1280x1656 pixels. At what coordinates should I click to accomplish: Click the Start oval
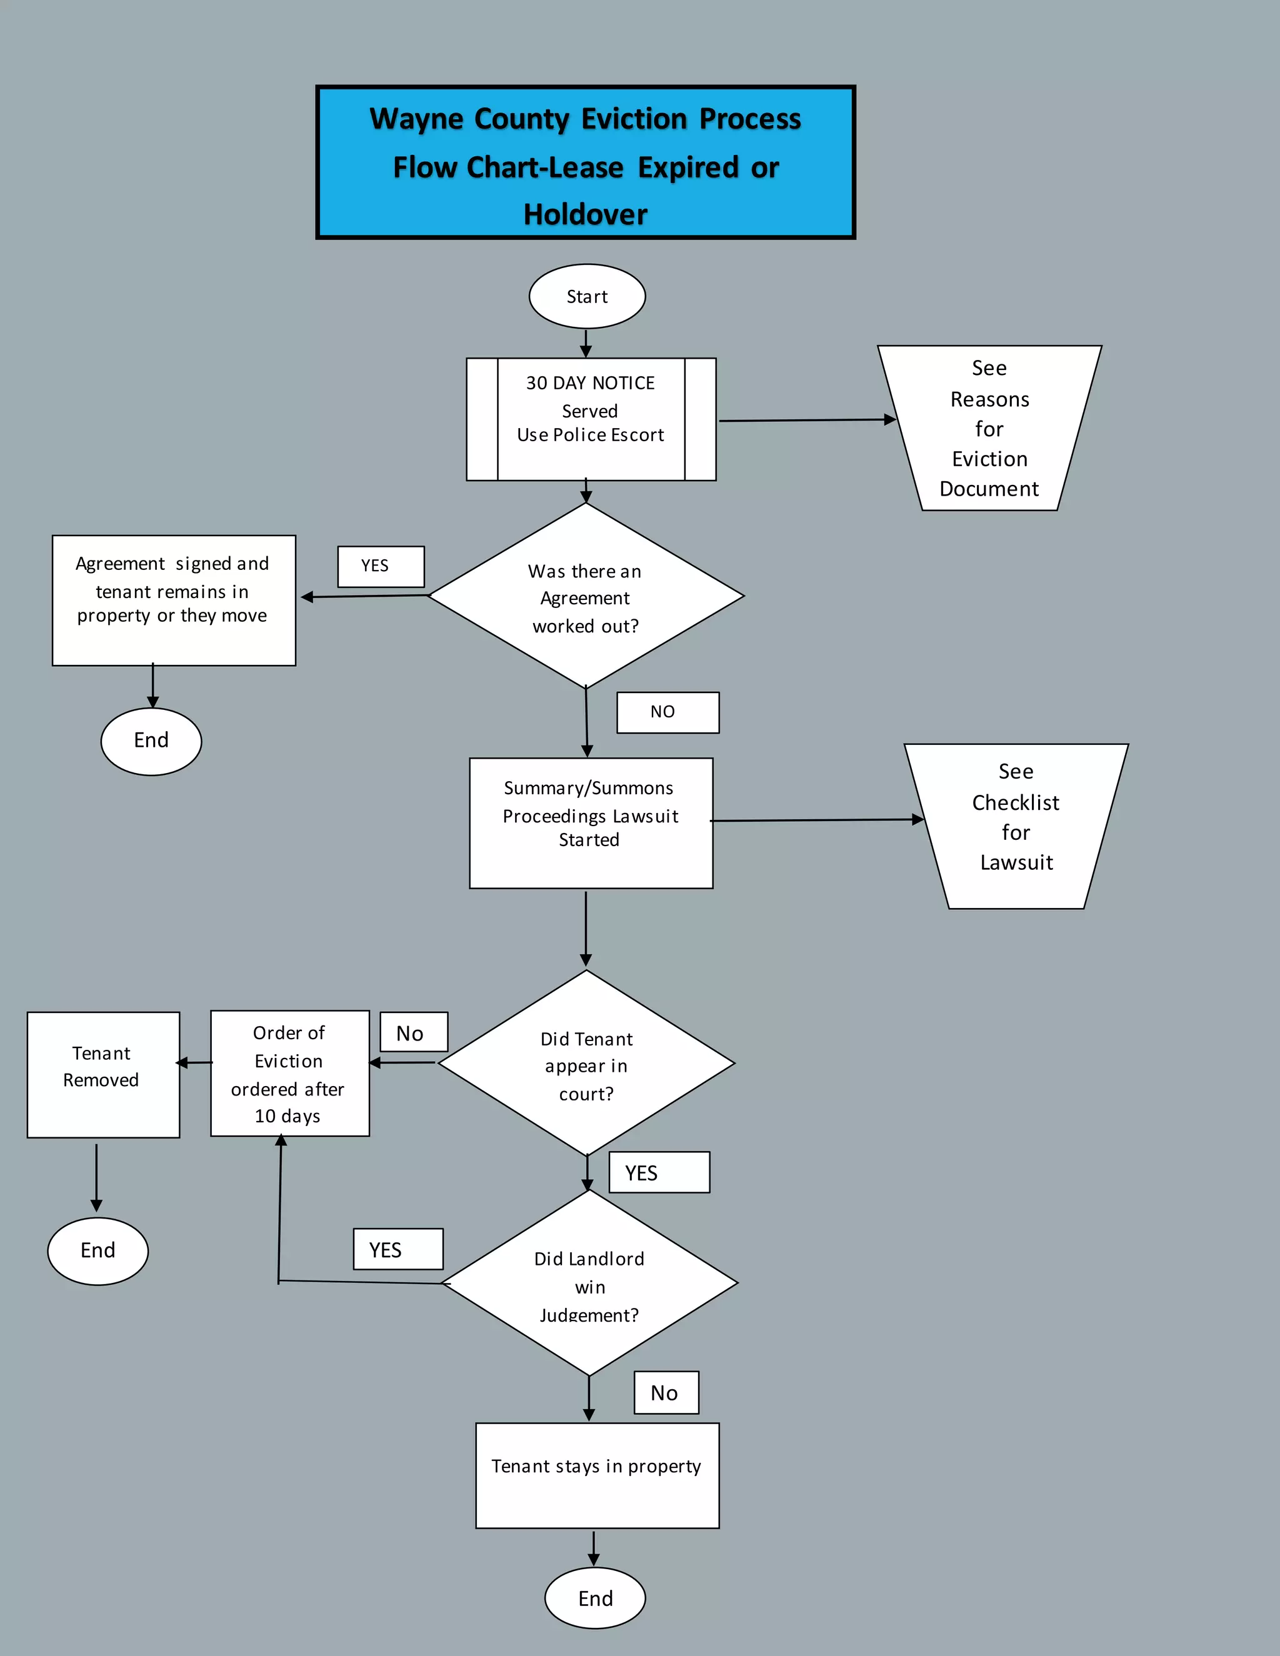(x=587, y=296)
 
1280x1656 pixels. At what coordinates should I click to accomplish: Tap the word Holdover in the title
(x=586, y=214)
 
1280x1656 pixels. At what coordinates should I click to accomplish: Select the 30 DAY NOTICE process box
(x=591, y=419)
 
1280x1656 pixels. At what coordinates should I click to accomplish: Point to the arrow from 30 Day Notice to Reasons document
(x=804, y=420)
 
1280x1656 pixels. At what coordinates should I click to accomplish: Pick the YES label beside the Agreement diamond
(x=381, y=566)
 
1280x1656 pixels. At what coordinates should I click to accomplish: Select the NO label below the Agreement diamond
(x=667, y=712)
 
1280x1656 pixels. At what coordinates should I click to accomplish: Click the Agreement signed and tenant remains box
(x=174, y=600)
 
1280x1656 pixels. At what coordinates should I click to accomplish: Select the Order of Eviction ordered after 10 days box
(x=289, y=1073)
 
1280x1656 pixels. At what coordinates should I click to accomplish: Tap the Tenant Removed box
(x=103, y=1074)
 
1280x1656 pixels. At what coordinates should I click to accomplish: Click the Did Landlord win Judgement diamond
(x=589, y=1284)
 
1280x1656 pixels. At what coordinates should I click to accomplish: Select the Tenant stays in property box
(x=597, y=1475)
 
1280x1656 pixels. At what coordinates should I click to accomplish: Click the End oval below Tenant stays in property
(x=594, y=1598)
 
